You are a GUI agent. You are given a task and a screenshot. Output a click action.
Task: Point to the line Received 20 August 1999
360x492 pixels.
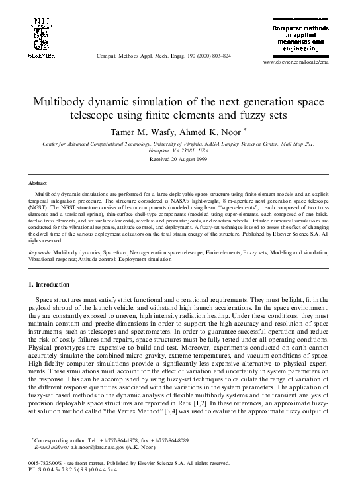click(180, 160)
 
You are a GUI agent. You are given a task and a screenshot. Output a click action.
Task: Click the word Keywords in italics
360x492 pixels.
click(40, 253)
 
